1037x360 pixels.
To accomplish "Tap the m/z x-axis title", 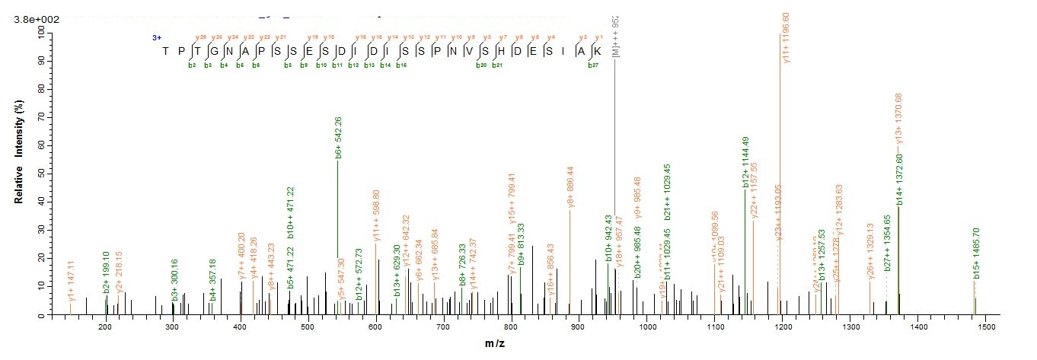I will click(496, 344).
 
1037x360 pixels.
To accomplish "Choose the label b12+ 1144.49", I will click(746, 161).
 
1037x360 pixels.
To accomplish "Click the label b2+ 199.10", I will click(107, 273).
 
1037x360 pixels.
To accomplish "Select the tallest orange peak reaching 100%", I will click(780, 152).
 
